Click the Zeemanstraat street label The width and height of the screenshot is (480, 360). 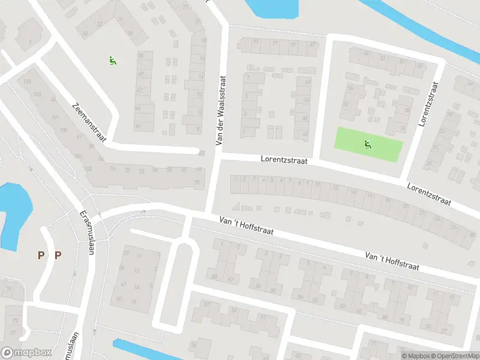click(x=88, y=122)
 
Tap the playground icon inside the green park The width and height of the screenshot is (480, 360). click(x=367, y=143)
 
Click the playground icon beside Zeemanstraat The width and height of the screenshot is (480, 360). click(x=112, y=60)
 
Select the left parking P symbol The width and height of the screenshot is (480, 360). click(x=41, y=256)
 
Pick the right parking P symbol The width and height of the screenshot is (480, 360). click(x=58, y=256)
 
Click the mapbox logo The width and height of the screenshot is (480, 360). click(x=25, y=353)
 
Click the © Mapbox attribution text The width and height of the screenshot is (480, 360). click(x=416, y=356)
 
